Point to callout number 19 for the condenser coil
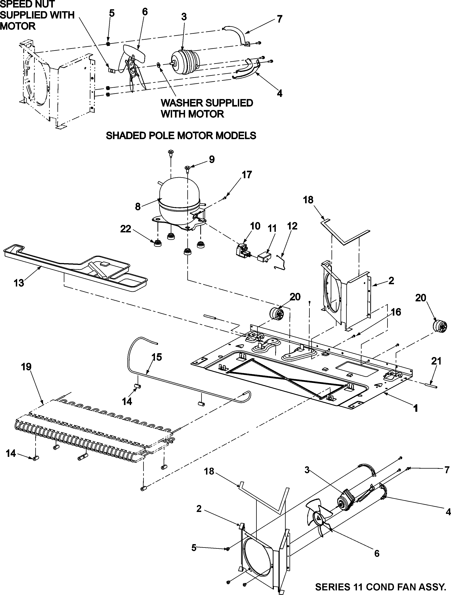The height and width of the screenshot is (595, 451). (26, 367)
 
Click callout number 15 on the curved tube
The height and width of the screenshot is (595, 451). (157, 357)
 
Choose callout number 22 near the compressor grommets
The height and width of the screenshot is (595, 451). (125, 229)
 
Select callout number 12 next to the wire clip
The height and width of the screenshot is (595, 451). (292, 226)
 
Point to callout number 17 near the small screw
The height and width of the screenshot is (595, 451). (247, 175)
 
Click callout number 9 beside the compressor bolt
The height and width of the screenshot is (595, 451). (212, 160)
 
